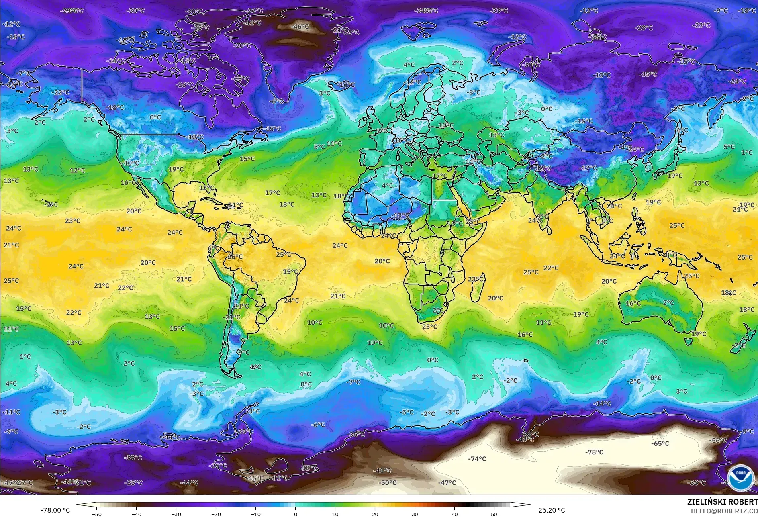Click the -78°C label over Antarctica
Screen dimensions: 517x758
point(594,452)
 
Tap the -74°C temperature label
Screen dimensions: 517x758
point(477,459)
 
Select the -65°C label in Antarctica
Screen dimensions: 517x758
point(660,443)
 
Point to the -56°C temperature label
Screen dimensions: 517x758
point(718,440)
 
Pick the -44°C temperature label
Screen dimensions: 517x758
point(189,483)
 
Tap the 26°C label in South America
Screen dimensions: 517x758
point(235,257)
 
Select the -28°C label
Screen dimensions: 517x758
point(644,28)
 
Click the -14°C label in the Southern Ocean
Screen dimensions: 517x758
point(602,403)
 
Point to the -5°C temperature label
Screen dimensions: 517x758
point(406,412)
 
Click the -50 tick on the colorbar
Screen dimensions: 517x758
point(96,514)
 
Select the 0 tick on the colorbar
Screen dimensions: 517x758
point(295,514)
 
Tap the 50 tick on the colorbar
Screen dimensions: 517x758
point(494,514)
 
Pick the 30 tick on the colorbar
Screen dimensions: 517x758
point(415,514)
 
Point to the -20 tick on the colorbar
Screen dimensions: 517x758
point(216,514)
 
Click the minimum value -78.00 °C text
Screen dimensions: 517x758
point(55,510)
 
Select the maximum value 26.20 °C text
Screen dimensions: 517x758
point(551,510)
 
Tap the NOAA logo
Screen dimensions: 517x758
point(740,478)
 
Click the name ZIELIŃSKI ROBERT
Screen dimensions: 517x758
point(722,502)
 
